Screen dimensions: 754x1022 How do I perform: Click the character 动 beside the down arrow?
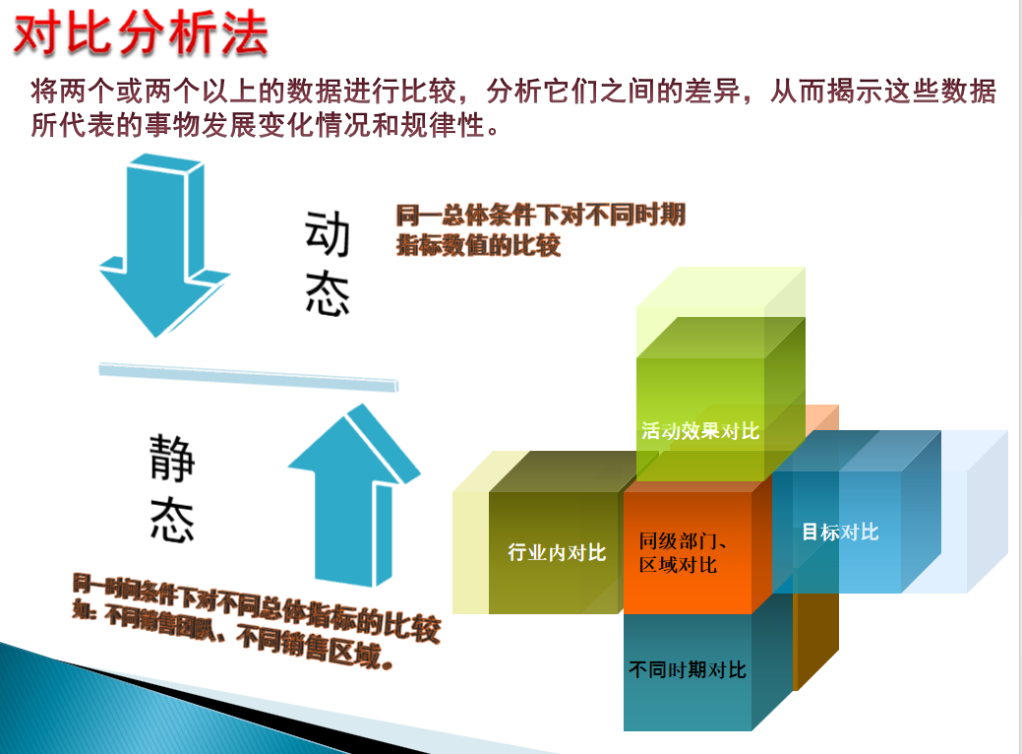328,232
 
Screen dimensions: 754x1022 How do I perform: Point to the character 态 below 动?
328,292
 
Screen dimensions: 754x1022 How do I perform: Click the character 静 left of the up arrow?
172,459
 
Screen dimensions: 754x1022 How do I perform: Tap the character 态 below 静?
172,518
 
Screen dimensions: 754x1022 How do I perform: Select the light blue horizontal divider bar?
248,375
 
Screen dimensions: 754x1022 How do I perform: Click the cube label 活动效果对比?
700,430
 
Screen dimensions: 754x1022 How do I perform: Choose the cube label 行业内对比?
556,552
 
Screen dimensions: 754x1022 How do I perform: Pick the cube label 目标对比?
839,533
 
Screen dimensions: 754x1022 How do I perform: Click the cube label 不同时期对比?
687,670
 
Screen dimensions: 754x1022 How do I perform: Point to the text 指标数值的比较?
478,245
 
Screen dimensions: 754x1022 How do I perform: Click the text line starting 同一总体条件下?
540,215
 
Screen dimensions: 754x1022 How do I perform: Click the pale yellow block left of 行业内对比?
470,536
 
